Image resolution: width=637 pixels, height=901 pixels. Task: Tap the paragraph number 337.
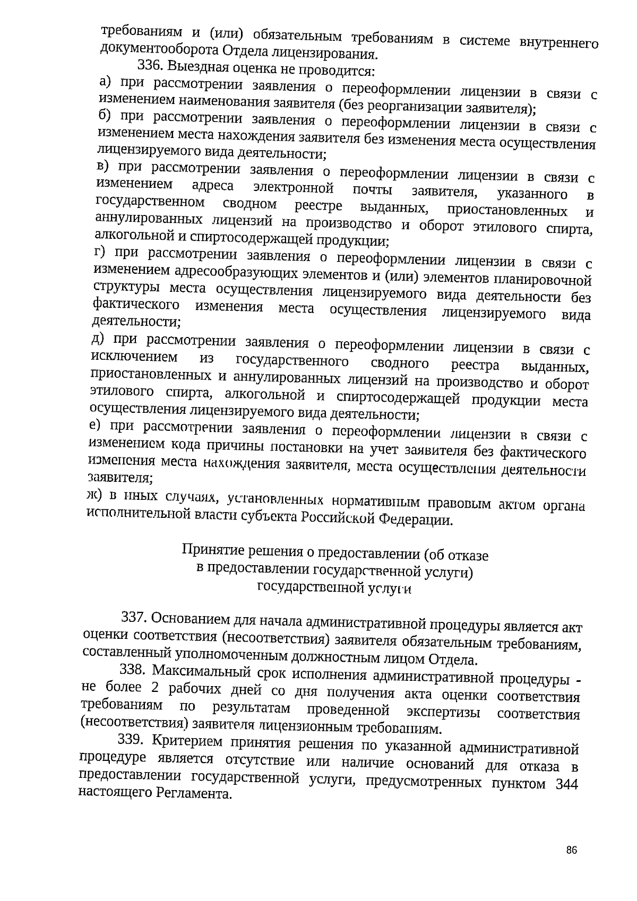[134, 617]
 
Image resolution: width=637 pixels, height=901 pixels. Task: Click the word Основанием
[188, 618]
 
